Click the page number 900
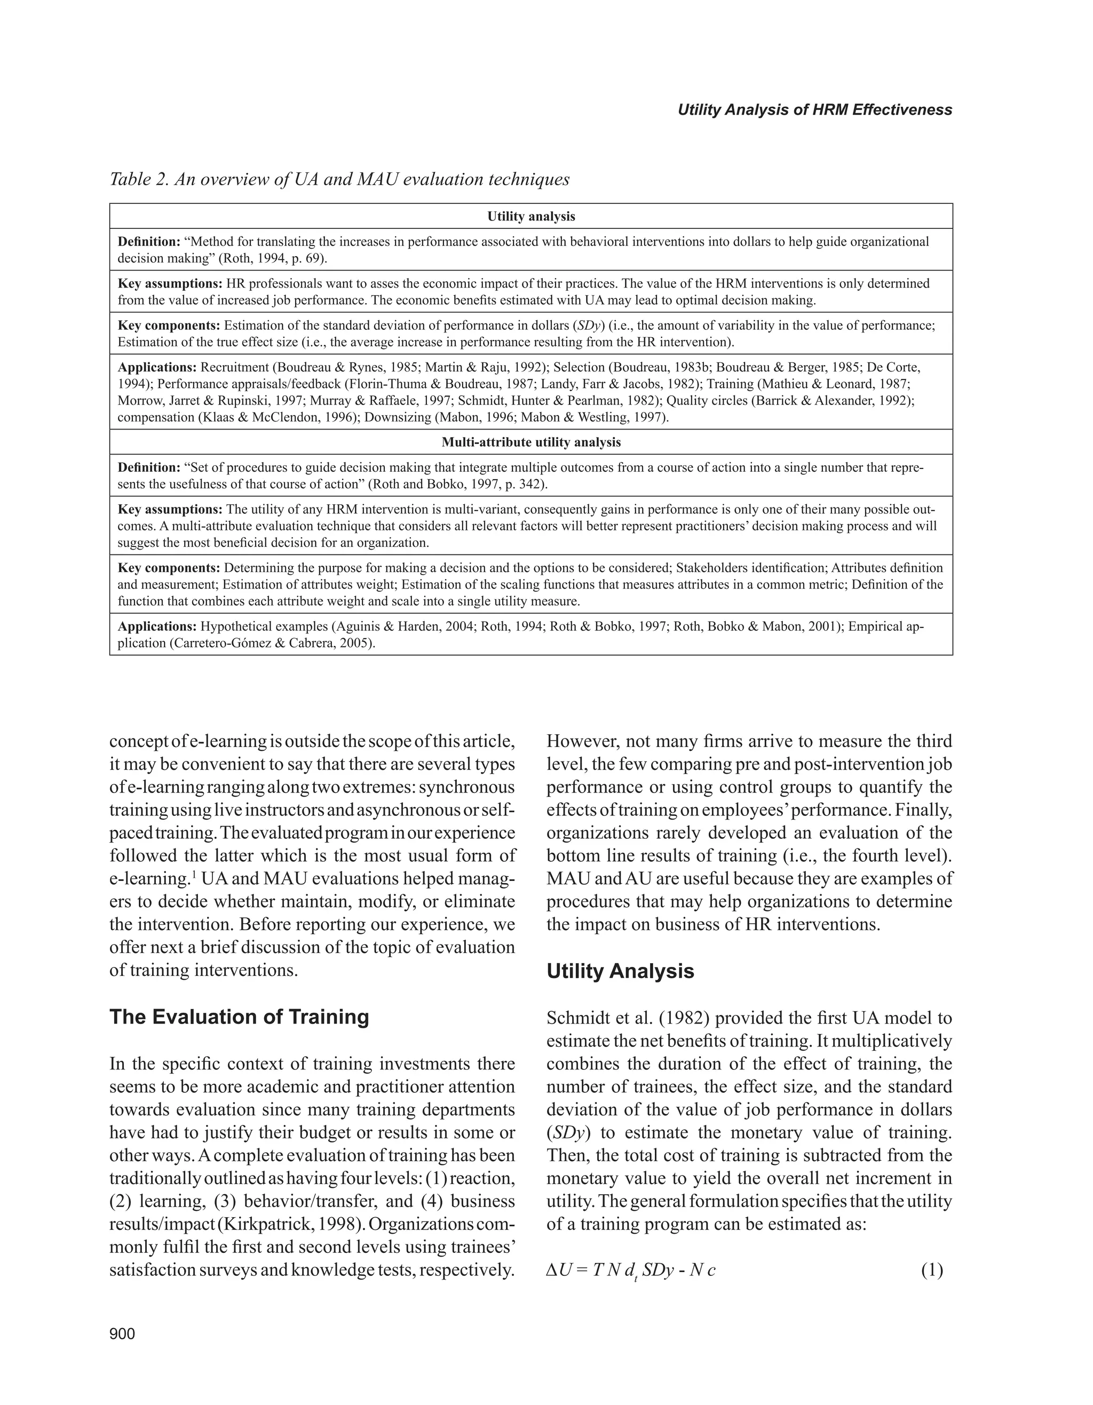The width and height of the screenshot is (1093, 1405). pos(122,1333)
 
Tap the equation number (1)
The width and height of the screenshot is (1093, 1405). pos(931,1270)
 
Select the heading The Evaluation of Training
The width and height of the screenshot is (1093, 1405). pos(239,1017)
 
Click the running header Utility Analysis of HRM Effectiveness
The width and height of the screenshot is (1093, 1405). pos(814,110)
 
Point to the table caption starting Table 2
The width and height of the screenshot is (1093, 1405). pos(339,179)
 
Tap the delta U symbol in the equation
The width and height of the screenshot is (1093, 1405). pos(558,1270)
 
